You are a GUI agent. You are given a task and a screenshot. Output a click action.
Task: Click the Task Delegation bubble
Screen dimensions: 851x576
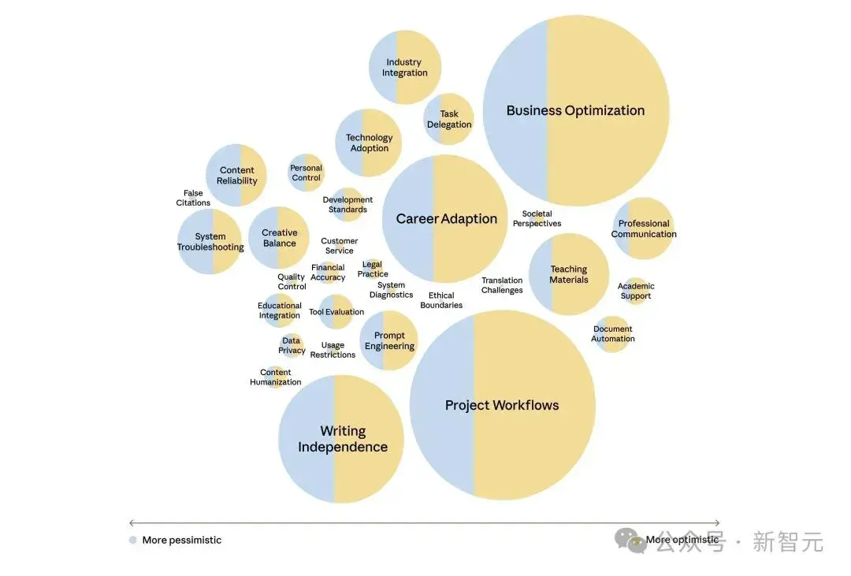tap(448, 119)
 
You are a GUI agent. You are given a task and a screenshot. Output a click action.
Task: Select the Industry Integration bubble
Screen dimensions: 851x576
tap(405, 67)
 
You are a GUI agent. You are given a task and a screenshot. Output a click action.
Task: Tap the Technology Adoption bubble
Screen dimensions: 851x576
tap(369, 143)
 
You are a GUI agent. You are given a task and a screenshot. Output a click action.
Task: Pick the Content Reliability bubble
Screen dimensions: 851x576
tap(236, 175)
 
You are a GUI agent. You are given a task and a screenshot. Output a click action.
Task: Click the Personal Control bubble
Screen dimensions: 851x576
tap(306, 173)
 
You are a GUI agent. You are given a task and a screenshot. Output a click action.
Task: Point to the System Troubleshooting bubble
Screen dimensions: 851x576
tap(210, 242)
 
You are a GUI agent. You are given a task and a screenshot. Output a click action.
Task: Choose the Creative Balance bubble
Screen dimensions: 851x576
tap(279, 238)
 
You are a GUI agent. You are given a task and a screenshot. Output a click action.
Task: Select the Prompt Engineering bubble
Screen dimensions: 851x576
tap(388, 340)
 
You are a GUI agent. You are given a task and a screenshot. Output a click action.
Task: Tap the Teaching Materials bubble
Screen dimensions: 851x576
tap(569, 274)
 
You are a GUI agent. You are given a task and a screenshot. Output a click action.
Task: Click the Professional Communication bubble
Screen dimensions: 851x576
tap(644, 229)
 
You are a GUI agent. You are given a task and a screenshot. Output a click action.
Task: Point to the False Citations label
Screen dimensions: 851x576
tap(193, 198)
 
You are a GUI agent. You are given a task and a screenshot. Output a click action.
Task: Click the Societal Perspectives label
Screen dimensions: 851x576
tap(537, 218)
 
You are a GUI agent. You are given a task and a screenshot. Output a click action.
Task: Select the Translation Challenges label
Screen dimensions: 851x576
tap(502, 285)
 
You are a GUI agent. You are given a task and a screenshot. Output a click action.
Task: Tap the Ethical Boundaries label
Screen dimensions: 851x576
tap(441, 300)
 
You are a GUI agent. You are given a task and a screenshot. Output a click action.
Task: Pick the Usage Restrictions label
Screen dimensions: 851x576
tap(333, 350)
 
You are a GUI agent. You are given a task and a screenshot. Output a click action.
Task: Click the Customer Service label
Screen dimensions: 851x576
tap(339, 245)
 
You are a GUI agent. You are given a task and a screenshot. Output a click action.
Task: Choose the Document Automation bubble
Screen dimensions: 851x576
tap(613, 334)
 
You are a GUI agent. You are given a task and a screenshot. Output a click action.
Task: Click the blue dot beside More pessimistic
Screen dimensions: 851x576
tap(133, 540)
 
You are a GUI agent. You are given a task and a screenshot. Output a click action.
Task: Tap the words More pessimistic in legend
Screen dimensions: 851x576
tap(182, 541)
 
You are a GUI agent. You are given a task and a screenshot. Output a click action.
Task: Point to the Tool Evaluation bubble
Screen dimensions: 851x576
tap(336, 311)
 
